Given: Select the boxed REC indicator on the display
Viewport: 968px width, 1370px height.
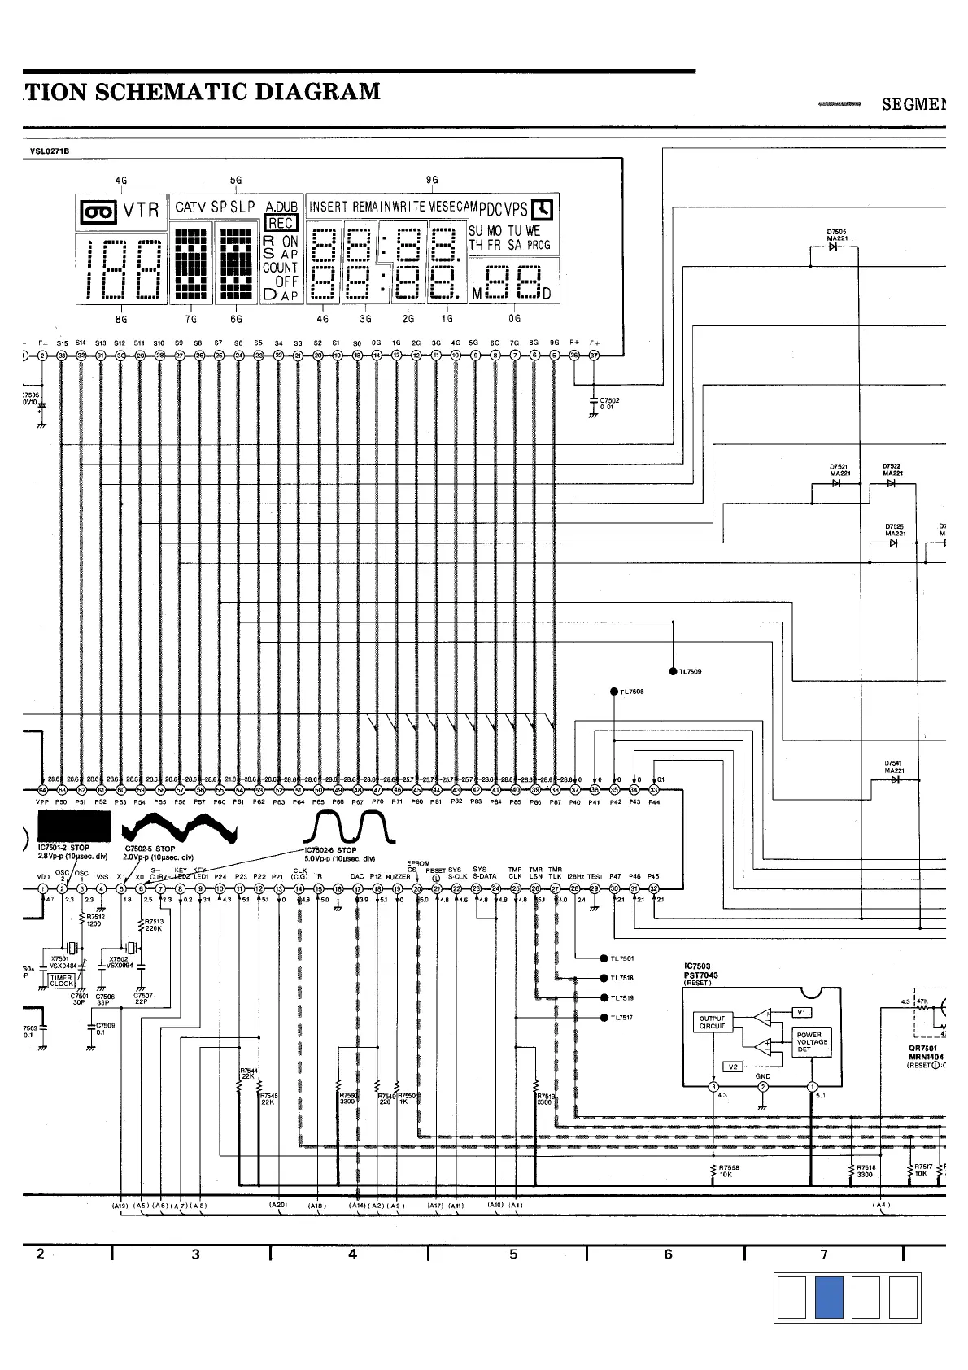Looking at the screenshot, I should [281, 223].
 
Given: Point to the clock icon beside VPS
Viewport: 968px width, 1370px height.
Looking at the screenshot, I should [543, 209].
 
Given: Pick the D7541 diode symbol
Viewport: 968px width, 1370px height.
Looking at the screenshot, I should [895, 779].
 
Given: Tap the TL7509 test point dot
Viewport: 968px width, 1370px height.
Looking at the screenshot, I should [673, 671].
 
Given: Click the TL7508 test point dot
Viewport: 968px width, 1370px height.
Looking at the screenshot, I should [614, 692].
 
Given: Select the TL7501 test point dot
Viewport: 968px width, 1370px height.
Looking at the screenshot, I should [604, 958].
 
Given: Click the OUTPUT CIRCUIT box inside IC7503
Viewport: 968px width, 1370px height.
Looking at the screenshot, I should [712, 1022].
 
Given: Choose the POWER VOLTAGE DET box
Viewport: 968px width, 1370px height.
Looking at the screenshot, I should [812, 1042].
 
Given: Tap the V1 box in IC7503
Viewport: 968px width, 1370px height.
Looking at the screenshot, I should [801, 1012].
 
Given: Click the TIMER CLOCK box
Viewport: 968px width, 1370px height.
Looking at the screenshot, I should [62, 981].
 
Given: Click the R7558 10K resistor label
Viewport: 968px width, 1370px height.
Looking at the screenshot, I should [729, 1171].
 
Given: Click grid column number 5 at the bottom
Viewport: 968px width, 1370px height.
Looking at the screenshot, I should [513, 1254].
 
